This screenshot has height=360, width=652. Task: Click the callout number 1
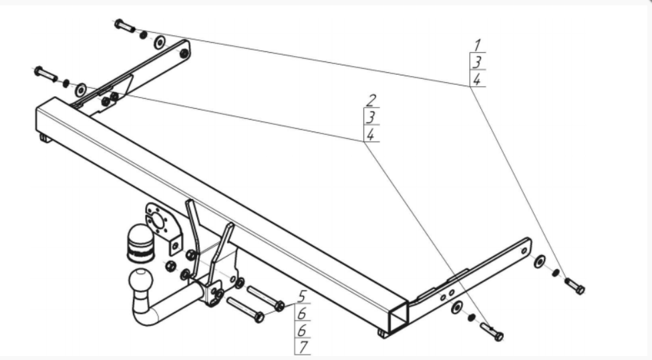478,45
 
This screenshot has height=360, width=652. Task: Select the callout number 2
371,101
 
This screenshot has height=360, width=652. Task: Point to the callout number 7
303,346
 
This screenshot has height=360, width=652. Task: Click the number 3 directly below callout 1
477,62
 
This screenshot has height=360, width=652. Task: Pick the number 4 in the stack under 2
371,134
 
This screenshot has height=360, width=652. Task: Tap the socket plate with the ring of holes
161,223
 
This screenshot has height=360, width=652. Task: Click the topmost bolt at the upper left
125,25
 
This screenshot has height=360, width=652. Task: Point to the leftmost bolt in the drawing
45,73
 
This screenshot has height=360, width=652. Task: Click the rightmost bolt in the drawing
575,286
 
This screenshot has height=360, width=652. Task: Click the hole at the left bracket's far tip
184,53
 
